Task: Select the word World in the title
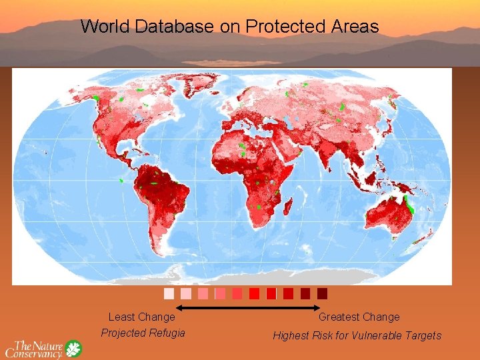pos(105,27)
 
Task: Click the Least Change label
pos(141,317)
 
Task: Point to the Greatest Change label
pos(359,317)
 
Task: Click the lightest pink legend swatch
pos(169,293)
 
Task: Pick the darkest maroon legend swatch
pos(323,293)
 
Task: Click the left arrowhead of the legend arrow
pos(179,308)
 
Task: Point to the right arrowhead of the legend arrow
pos(318,308)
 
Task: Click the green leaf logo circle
pos(73,348)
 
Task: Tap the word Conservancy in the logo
pos(35,353)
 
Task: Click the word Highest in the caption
pos(291,336)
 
